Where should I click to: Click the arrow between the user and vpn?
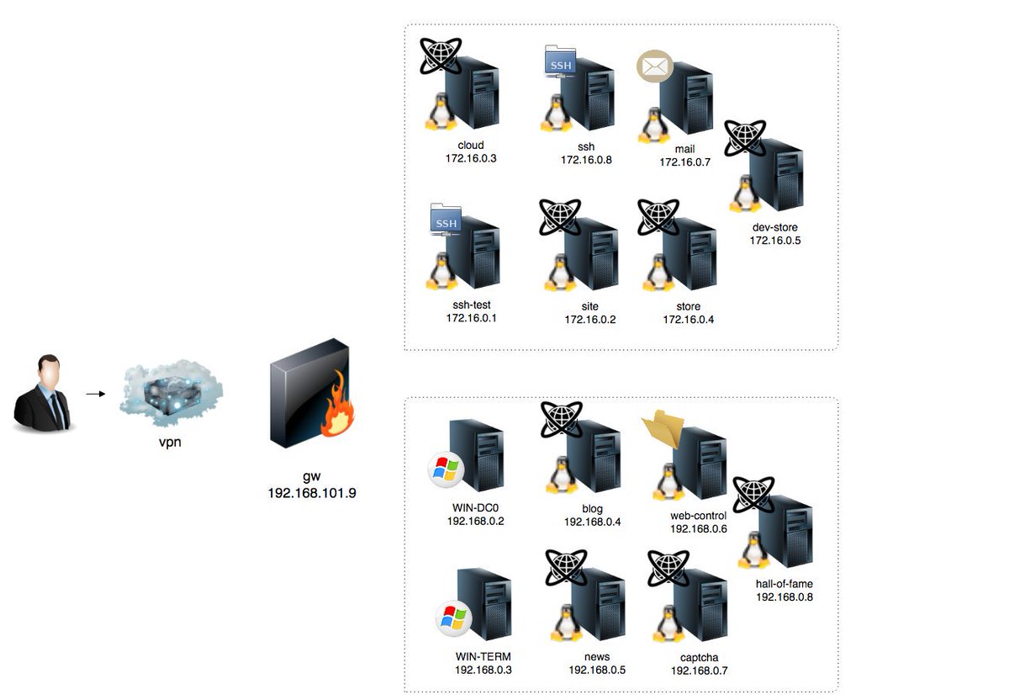(96, 394)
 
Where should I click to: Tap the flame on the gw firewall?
(338, 405)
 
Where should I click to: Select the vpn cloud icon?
(172, 393)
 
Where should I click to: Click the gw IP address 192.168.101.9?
(312, 493)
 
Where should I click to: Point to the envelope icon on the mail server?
(655, 66)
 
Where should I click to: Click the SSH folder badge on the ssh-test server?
(446, 220)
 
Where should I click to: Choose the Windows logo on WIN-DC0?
(446, 469)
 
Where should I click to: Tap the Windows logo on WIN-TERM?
(453, 618)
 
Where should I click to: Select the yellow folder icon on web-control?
(663, 428)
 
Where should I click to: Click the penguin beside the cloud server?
(441, 111)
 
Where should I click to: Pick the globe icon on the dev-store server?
(745, 138)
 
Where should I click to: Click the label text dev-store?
(774, 228)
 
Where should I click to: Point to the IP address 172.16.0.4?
(689, 320)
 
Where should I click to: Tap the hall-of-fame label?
(784, 584)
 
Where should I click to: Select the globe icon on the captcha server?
(668, 569)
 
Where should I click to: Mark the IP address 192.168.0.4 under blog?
(592, 522)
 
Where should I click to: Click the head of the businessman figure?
(49, 369)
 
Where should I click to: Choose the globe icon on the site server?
(560, 217)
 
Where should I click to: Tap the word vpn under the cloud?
(170, 443)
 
